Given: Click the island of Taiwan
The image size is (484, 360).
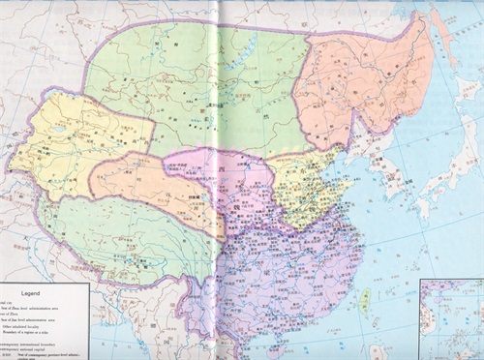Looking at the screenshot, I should [365, 302].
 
